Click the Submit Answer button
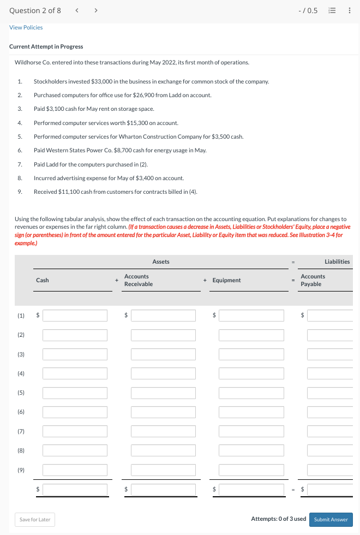pyautogui.click(x=331, y=519)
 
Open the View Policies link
pyautogui.click(x=26, y=27)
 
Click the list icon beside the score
pyautogui.click(x=332, y=10)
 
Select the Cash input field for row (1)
pyautogui.click(x=75, y=316)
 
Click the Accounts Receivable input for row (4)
pyautogui.click(x=163, y=373)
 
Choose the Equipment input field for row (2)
pyautogui.click(x=251, y=335)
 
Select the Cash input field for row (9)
pyautogui.click(x=75, y=469)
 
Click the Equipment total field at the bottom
pyautogui.click(x=251, y=489)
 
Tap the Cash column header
pyautogui.click(x=43, y=280)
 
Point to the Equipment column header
pyautogui.click(x=226, y=280)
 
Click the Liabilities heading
pyautogui.click(x=337, y=262)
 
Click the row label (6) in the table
pyautogui.click(x=21, y=412)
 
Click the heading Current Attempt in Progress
pyautogui.click(x=46, y=46)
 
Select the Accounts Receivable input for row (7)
pyautogui.click(x=163, y=431)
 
